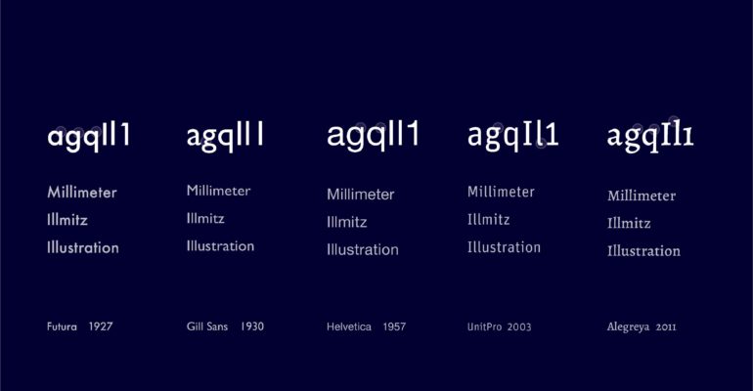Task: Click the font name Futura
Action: [62, 326]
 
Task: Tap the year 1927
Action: [101, 326]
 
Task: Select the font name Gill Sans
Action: [207, 326]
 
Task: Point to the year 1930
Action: [252, 326]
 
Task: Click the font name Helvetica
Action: [349, 327]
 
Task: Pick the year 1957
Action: [394, 327]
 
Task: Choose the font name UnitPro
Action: [484, 327]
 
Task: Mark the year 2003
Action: [519, 327]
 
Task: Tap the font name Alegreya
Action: [628, 327]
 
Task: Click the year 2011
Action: [666, 327]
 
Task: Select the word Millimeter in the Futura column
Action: [82, 193]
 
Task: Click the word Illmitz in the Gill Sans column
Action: [205, 219]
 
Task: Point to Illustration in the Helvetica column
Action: [363, 249]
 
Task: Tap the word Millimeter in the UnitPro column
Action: [501, 192]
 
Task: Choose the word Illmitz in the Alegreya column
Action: [629, 223]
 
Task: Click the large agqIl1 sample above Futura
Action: [89, 137]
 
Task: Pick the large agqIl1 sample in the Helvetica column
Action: [374, 136]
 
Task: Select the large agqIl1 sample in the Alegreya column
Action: [650, 136]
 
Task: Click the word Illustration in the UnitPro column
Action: [504, 247]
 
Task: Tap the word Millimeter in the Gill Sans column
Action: [218, 191]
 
